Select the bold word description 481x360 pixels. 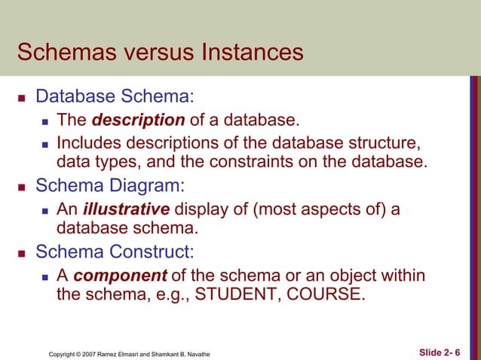(x=143, y=120)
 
